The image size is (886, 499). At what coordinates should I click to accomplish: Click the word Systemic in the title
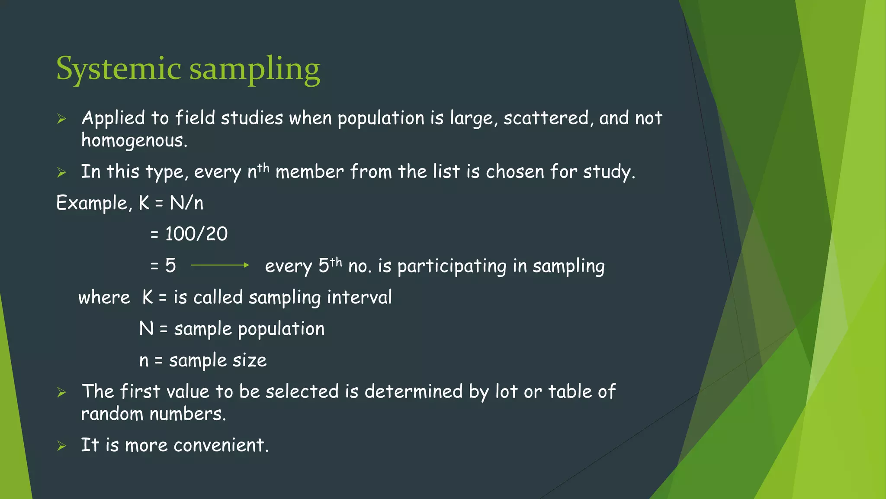(x=118, y=69)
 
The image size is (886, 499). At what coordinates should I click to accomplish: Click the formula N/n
(x=186, y=203)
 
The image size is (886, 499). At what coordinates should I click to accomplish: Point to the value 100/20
(x=196, y=234)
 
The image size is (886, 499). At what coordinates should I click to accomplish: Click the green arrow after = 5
(x=220, y=265)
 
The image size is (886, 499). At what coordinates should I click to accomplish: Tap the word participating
(x=452, y=266)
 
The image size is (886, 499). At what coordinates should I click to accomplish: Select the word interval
(x=359, y=298)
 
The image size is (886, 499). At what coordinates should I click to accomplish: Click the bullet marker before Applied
(x=61, y=119)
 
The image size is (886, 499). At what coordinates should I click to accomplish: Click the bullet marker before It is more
(x=61, y=446)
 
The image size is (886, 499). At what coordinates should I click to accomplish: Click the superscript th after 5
(x=336, y=262)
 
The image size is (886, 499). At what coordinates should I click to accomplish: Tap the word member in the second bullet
(x=309, y=172)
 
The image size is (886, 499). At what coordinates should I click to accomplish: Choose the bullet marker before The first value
(x=61, y=392)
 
